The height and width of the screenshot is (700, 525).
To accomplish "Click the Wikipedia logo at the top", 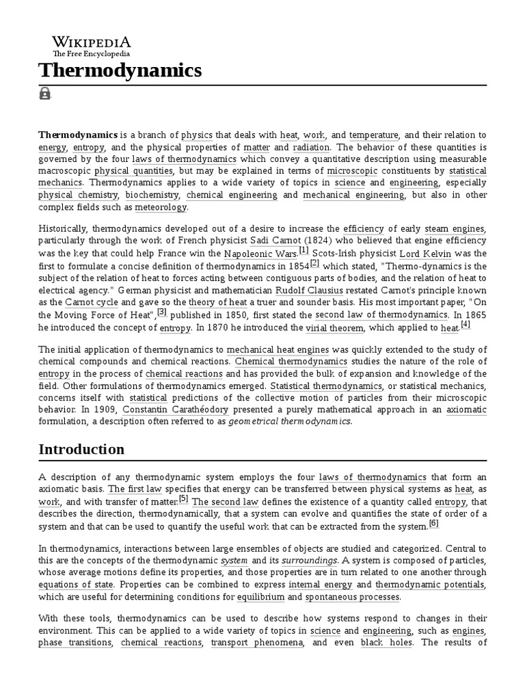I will [x=92, y=44].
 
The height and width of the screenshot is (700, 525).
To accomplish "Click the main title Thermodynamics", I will [x=120, y=70].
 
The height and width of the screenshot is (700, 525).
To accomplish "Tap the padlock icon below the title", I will [x=45, y=94].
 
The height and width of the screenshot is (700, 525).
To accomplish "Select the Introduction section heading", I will [x=81, y=449].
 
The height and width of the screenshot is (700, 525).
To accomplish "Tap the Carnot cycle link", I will [x=92, y=302].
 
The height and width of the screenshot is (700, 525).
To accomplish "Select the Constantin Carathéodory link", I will [x=166, y=409].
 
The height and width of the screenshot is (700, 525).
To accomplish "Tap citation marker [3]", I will [x=162, y=312].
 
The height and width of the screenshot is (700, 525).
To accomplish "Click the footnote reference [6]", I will [x=433, y=524].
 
